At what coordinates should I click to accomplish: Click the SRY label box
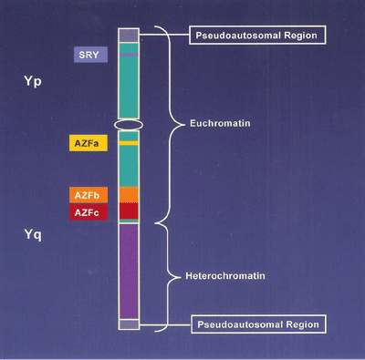coord(90,55)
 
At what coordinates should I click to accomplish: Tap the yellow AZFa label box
coord(89,143)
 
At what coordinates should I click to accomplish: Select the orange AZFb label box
coord(89,195)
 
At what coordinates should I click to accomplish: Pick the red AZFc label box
coord(89,211)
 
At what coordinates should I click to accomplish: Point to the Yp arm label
coord(33,82)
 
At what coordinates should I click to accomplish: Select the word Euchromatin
coord(215,122)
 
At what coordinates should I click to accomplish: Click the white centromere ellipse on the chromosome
coord(128,123)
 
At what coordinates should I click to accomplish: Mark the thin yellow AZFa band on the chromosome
coord(128,143)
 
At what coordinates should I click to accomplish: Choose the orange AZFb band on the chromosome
coord(128,194)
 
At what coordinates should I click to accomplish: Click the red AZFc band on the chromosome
coord(128,211)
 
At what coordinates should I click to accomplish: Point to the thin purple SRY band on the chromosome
coord(128,55)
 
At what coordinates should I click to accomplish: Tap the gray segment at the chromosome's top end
coord(128,35)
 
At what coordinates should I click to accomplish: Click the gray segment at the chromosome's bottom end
coord(128,324)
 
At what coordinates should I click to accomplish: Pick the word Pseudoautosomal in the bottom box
coord(233,324)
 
